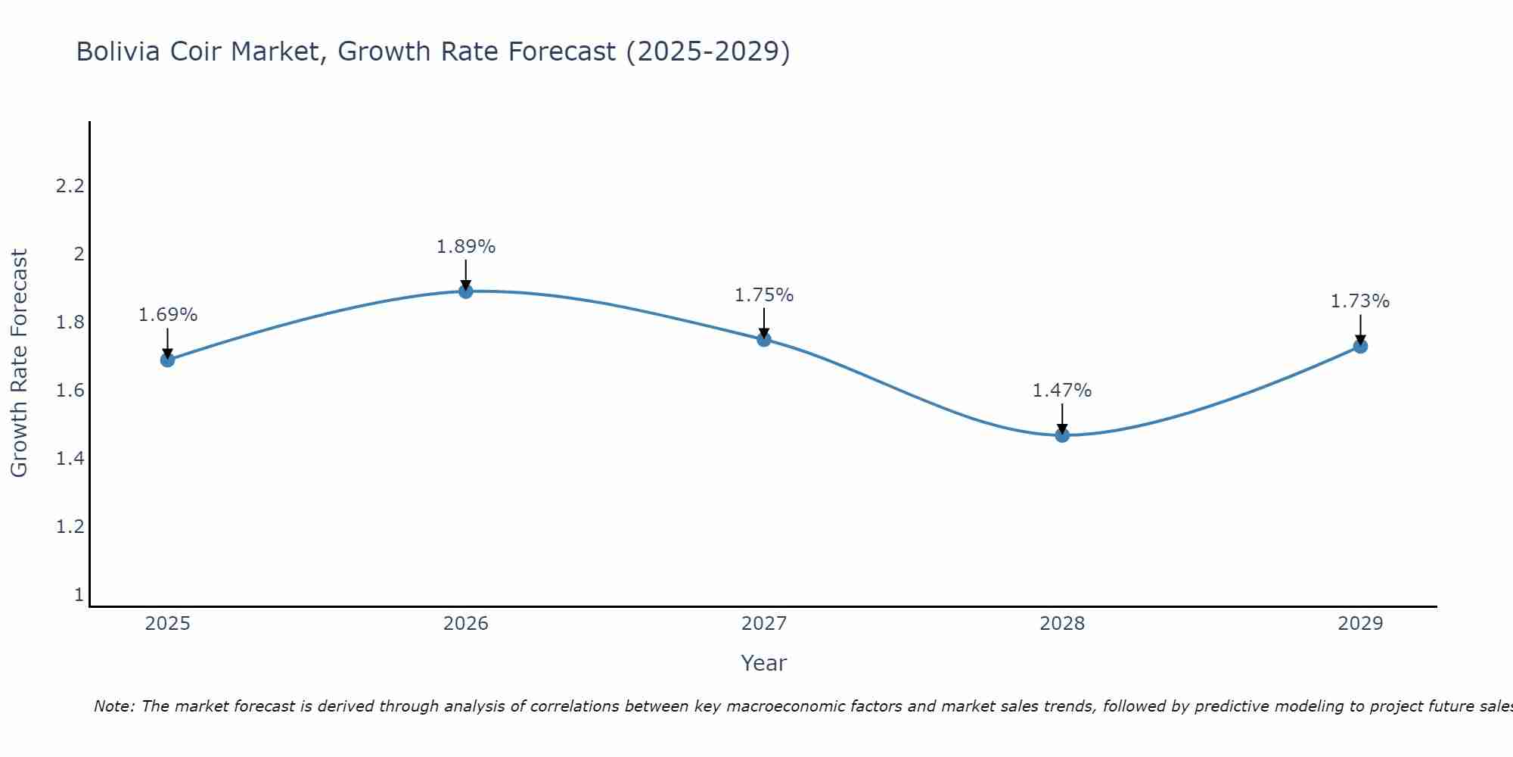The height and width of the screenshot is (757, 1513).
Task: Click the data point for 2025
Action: [167, 360]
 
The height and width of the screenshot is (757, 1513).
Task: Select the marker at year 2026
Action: [466, 291]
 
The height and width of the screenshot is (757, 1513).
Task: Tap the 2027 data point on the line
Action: [764, 339]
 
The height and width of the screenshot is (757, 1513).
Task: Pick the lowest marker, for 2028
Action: [1062, 435]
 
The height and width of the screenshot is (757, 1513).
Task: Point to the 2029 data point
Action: [1360, 347]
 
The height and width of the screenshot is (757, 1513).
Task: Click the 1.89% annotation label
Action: [466, 247]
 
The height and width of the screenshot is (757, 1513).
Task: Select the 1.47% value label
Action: [1062, 391]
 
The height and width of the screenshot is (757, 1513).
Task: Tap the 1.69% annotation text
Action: [168, 315]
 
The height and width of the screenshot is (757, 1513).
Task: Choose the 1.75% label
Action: [764, 295]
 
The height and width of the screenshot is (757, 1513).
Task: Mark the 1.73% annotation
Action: [1360, 301]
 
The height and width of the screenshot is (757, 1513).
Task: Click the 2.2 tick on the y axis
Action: [70, 186]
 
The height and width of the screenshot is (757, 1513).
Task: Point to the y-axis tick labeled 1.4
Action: [70, 459]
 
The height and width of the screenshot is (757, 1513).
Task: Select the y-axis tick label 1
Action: [79, 595]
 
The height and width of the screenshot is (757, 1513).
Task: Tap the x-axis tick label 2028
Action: [1062, 624]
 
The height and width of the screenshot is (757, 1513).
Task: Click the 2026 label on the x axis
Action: [466, 624]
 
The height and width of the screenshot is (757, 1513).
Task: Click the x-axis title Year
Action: [764, 663]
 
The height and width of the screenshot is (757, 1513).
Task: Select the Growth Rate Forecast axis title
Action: [19, 363]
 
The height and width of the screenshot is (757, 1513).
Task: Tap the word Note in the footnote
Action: [113, 706]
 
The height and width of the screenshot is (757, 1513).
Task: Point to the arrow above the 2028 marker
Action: [1062, 419]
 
